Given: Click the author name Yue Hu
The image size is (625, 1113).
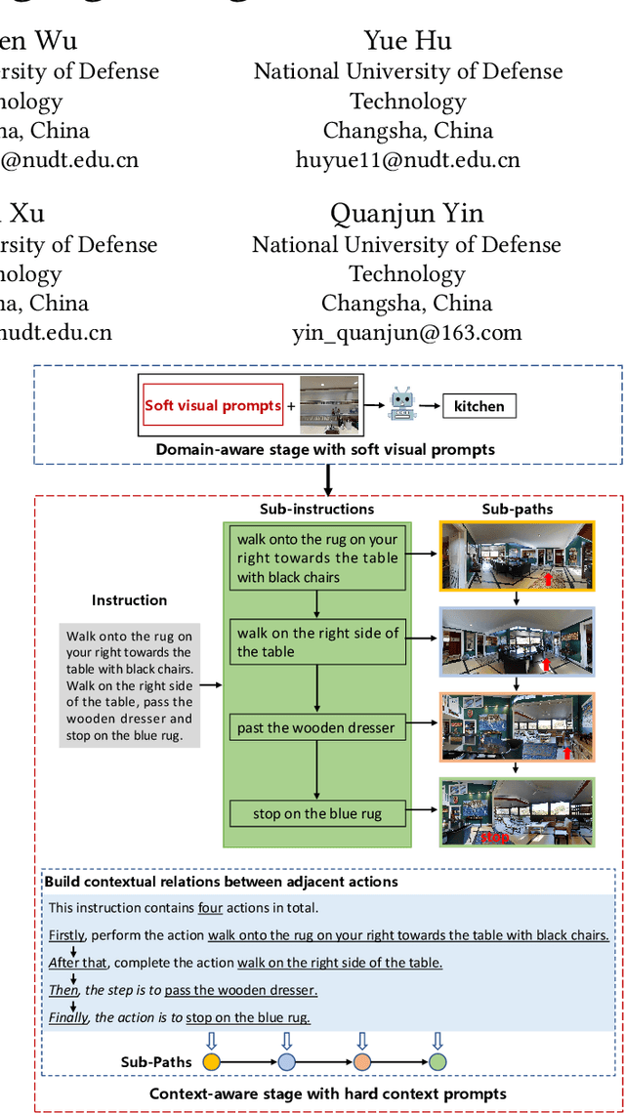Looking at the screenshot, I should pos(408,40).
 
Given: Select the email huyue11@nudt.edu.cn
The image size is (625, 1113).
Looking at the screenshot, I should pos(408,160).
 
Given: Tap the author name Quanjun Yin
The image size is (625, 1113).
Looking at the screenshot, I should pos(407,213).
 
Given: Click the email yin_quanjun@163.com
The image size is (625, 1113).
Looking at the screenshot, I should pos(407,333).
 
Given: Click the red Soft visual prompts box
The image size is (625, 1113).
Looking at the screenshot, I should pos(213,405).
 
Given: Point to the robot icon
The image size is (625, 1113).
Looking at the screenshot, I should pos(402,404).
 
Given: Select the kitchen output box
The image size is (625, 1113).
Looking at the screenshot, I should pos(479,406).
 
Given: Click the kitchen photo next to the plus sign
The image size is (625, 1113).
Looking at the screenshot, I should pos(329,404).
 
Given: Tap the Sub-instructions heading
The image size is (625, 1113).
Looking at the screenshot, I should pos(316,509).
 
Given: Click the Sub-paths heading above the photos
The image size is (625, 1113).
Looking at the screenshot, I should pos(518,509).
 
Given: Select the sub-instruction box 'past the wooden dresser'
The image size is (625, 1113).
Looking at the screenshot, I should pos(316,727).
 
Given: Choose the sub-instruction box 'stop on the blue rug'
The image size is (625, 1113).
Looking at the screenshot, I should pos(316,813).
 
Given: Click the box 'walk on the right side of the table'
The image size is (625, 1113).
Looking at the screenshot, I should pos(316,642).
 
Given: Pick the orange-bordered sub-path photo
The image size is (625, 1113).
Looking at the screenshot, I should pos(517,726).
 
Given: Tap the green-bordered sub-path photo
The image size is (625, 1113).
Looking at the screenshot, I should pos(517,811).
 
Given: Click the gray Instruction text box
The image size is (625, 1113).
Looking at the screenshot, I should pos(130,685).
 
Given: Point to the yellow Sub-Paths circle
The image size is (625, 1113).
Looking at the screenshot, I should pos(212,1061).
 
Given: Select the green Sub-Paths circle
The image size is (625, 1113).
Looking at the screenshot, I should pos(437,1061).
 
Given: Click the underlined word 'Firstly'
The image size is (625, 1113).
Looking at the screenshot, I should pos(66,935).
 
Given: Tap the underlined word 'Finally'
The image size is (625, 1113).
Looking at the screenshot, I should pos(68,1017).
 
